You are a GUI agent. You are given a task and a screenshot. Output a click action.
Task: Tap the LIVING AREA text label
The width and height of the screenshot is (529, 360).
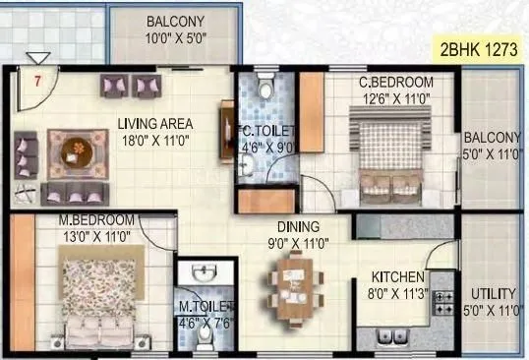154,124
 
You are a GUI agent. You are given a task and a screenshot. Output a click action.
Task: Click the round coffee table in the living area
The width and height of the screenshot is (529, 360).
75,150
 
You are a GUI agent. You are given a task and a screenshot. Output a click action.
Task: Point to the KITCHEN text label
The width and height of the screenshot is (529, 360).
397,277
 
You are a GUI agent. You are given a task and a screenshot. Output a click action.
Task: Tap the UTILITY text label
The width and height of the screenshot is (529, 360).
493,294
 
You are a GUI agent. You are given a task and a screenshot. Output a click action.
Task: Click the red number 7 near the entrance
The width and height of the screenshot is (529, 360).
36,82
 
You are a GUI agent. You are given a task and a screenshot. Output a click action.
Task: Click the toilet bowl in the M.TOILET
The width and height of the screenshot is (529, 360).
205,333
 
